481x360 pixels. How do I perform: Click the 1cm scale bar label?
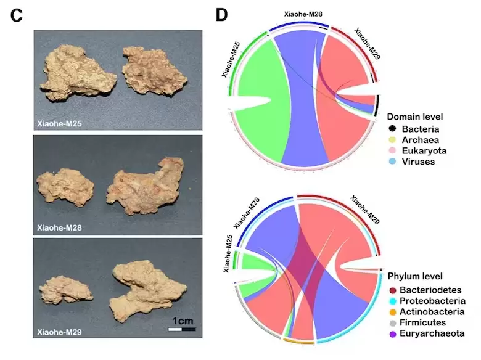(183, 321)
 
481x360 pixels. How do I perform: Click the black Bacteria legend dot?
(392, 129)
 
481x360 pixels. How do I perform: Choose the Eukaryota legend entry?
(424, 151)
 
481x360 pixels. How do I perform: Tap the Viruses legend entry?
(418, 162)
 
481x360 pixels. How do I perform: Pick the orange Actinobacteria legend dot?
(392, 311)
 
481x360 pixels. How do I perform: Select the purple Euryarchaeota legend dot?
(392, 333)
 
